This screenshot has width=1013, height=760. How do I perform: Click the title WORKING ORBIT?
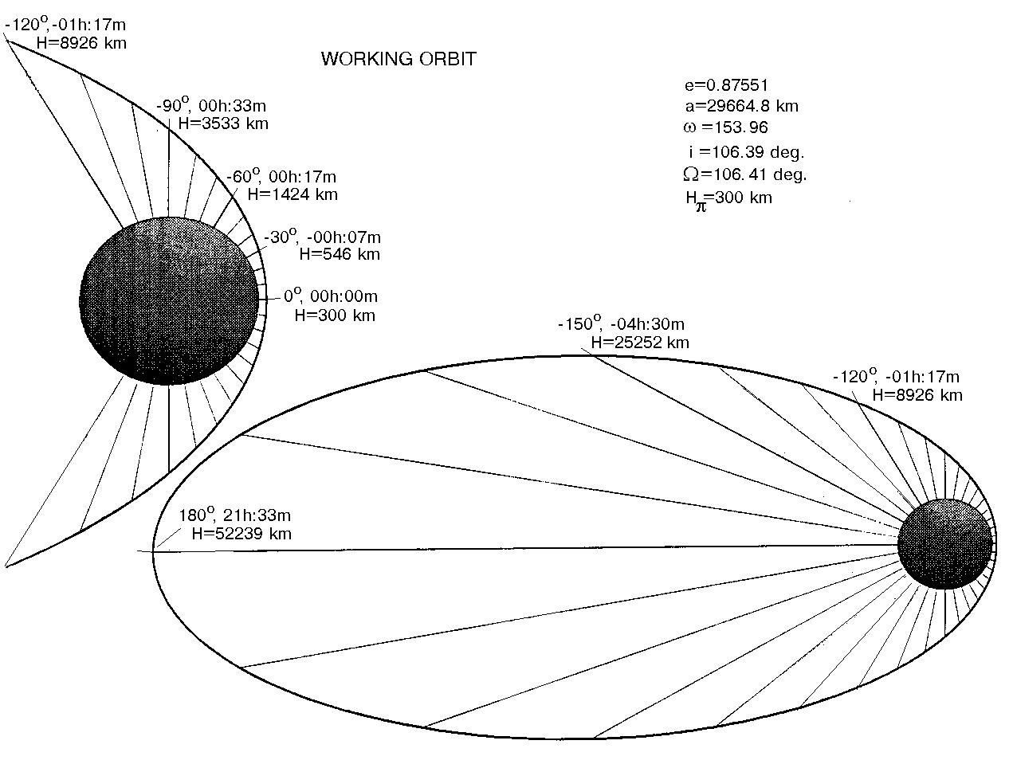[398, 59]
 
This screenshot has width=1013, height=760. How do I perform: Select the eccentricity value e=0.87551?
[726, 85]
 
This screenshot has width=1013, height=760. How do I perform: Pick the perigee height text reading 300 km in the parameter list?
[729, 198]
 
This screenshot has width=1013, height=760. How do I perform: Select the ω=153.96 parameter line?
[725, 127]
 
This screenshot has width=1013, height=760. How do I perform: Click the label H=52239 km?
[241, 534]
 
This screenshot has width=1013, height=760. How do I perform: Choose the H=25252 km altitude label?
[639, 343]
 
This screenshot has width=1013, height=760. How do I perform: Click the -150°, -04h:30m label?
[622, 324]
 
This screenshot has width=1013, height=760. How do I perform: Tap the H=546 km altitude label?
[339, 255]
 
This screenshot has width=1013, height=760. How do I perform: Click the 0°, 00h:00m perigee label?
[330, 296]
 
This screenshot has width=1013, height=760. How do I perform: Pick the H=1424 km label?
[293, 194]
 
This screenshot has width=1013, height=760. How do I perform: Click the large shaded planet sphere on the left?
[170, 300]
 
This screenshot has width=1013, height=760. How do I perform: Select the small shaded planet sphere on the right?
[944, 544]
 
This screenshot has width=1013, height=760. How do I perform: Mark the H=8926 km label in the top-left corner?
[81, 44]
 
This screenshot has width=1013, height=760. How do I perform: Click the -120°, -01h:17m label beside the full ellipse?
[896, 377]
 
